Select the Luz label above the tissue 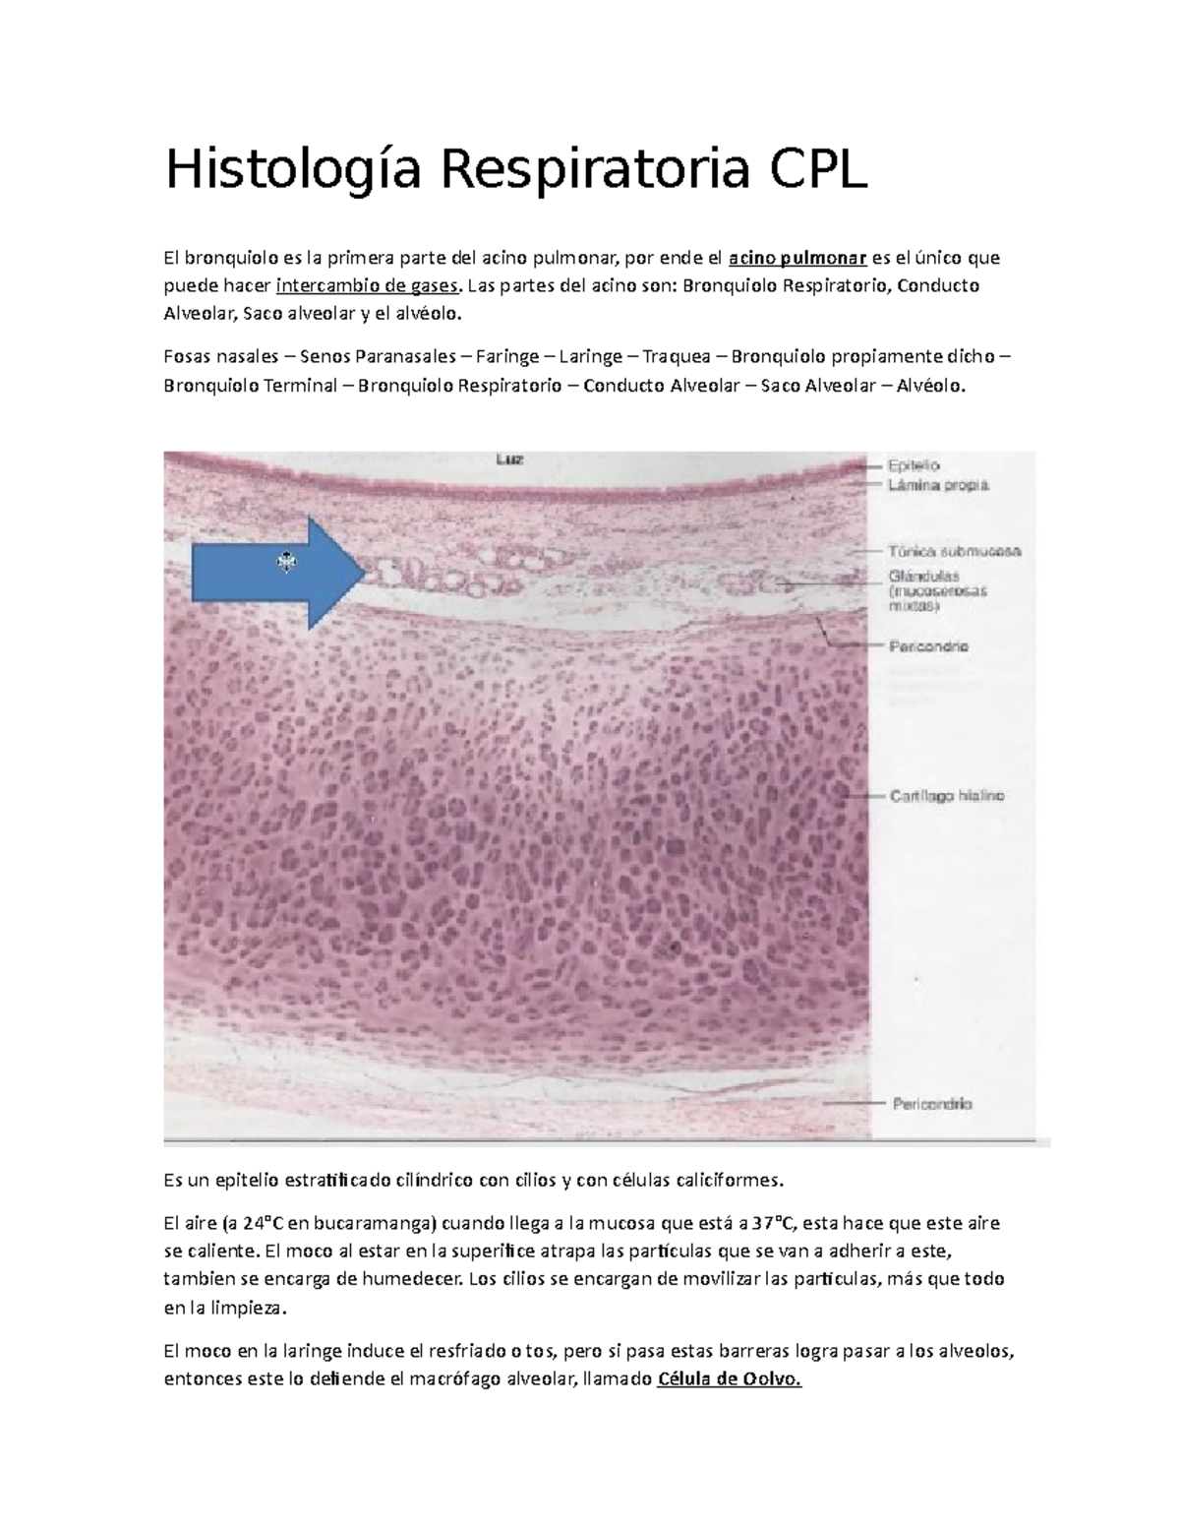[508, 458]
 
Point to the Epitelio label [914, 464]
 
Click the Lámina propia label [938, 485]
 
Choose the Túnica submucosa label [955, 551]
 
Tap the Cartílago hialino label [946, 796]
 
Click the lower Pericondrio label [931, 1104]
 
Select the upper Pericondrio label [928, 646]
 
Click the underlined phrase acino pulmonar [797, 259]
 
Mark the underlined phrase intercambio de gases [368, 286]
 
